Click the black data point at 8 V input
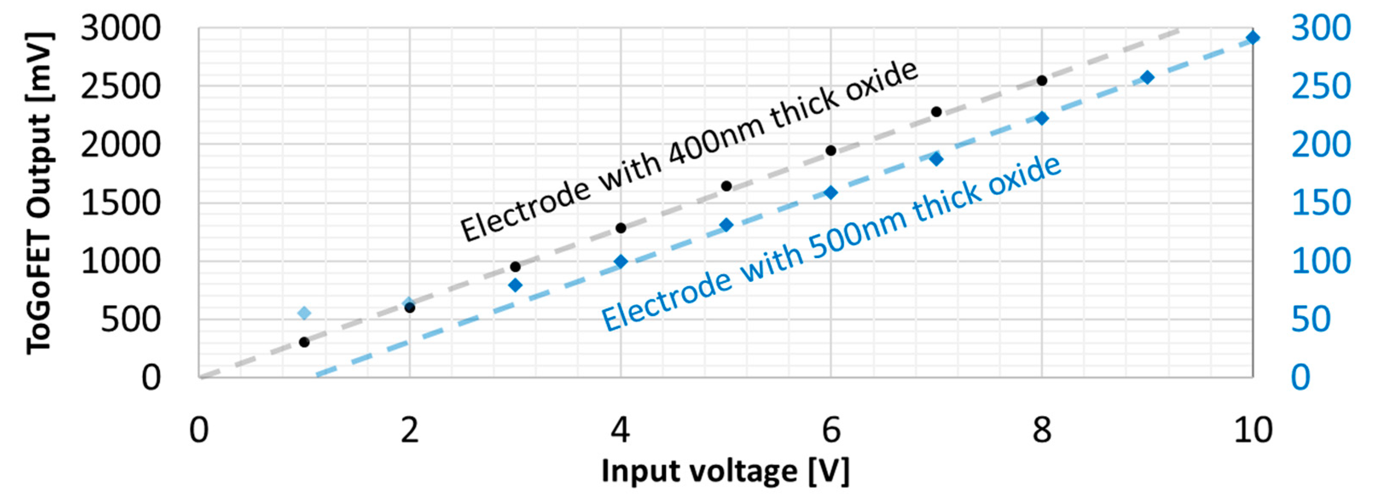point(1041,81)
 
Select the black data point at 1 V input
point(304,342)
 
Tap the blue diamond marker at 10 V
point(1253,38)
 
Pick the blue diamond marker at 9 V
point(1147,77)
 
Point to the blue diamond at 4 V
point(620,262)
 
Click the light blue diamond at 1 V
point(304,313)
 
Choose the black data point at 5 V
point(726,186)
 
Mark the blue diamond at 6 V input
point(830,193)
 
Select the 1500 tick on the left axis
point(120,204)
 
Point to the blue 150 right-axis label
point(1320,204)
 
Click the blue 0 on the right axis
point(1300,378)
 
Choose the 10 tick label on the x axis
point(1253,430)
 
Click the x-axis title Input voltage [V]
point(725,471)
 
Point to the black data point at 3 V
point(515,267)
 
